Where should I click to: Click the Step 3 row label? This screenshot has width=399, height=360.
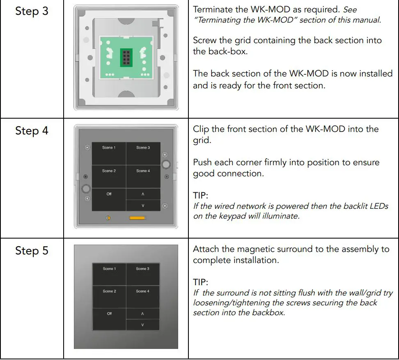[32, 11]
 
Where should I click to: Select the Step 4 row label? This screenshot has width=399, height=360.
[32, 131]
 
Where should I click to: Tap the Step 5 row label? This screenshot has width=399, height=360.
[32, 251]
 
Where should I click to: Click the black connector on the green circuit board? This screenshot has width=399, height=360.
[126, 57]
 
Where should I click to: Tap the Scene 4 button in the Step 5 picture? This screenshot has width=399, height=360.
[142, 296]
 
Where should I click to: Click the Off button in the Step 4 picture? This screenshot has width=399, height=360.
[108, 199]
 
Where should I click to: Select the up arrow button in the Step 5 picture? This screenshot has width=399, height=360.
[142, 314]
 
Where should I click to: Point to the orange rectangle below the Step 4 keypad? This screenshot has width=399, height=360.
[137, 218]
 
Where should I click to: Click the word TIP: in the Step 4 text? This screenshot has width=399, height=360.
[201, 196]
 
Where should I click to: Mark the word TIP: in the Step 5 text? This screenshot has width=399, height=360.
[201, 283]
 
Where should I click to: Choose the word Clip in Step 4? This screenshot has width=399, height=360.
[201, 129]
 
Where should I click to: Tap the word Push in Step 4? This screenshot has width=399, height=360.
[203, 162]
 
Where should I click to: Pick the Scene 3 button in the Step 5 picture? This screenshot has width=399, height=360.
[142, 274]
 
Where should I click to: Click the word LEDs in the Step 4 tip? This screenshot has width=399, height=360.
[378, 206]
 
